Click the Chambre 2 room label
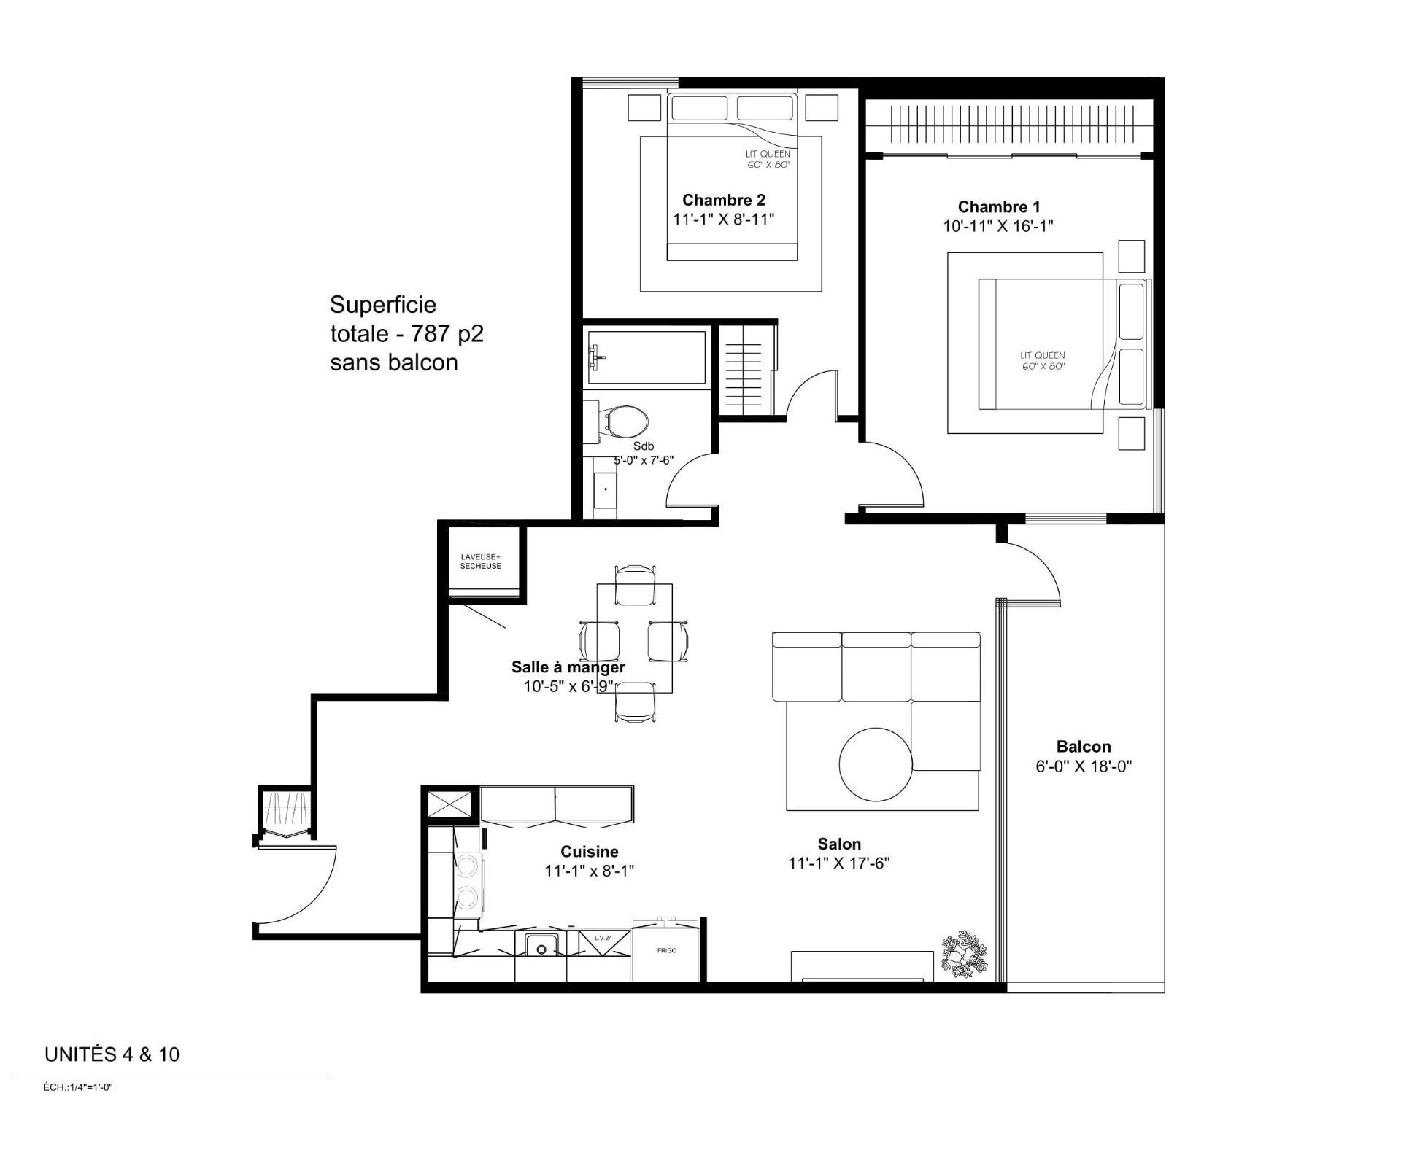tap(724, 200)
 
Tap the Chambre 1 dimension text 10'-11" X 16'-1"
tap(998, 226)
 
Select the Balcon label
tap(1084, 747)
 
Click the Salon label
tap(839, 844)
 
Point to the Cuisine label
tap(590, 852)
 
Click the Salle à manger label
tap(568, 667)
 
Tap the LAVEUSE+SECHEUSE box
tap(481, 562)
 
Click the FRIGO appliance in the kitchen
tap(666, 951)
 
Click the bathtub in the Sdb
tap(647, 357)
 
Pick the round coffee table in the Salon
tap(875, 764)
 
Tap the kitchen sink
tap(541, 946)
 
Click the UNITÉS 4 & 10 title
tap(112, 1055)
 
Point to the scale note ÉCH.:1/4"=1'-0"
tap(78, 1087)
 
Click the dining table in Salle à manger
tap(635, 638)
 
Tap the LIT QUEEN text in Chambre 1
tap(1043, 356)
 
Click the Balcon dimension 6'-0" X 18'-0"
tap(1084, 766)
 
